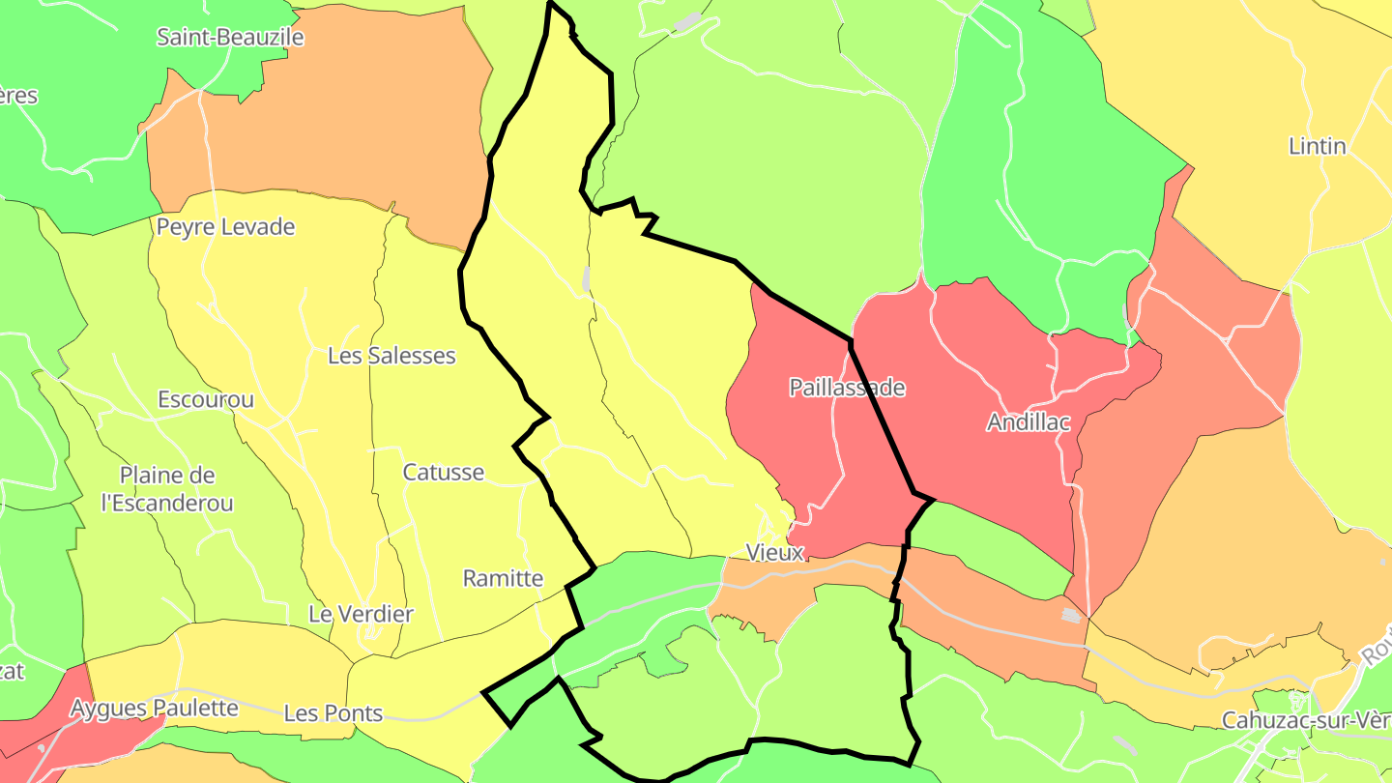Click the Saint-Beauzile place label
point(230,38)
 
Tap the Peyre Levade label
point(225,227)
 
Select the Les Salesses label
point(391,356)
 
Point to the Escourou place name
point(206,399)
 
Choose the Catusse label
point(443,473)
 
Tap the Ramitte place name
point(503,578)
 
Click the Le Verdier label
point(361,614)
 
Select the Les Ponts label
point(333,714)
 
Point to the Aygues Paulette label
point(154,708)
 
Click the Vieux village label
point(775,552)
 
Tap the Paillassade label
point(847,388)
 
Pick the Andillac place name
point(1029,422)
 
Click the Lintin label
point(1318,146)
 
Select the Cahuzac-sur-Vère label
point(1305,720)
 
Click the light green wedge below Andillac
point(996,546)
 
